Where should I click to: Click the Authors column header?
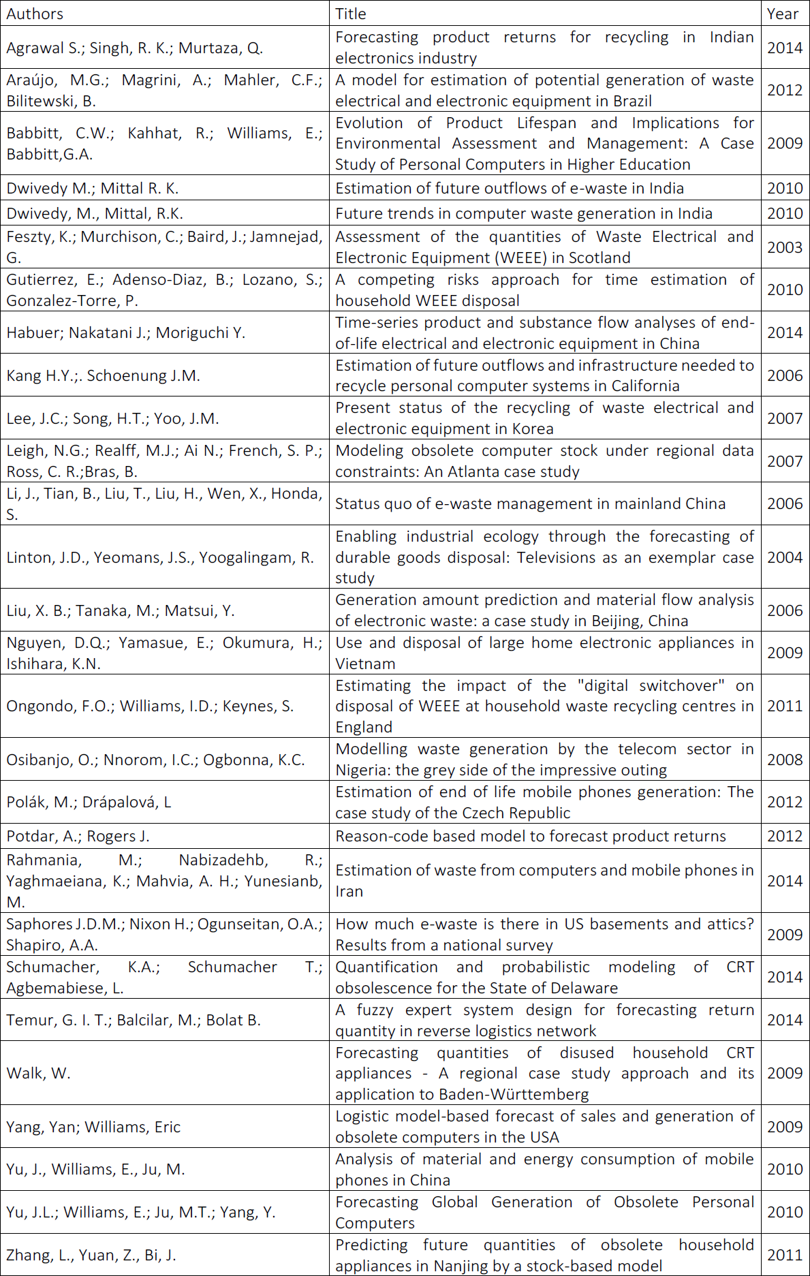[x=35, y=14]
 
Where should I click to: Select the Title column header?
[x=351, y=14]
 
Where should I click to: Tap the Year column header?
[x=782, y=14]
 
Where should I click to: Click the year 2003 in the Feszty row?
[x=785, y=247]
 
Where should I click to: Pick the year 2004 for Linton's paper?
[x=785, y=557]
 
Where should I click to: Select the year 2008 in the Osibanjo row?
[x=785, y=760]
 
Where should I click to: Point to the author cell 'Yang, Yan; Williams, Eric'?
[x=93, y=1127]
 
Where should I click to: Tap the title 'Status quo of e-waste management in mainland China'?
[x=530, y=503]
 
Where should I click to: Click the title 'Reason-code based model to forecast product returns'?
[x=531, y=836]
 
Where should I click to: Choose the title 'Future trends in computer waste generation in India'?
[x=523, y=213]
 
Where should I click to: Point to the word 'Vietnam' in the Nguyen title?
[x=365, y=664]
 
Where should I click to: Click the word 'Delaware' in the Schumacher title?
[x=583, y=988]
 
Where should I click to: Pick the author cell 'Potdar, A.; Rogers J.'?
[x=78, y=836]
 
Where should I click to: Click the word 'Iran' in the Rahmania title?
[x=349, y=891]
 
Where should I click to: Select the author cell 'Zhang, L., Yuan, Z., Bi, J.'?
[x=91, y=1255]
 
